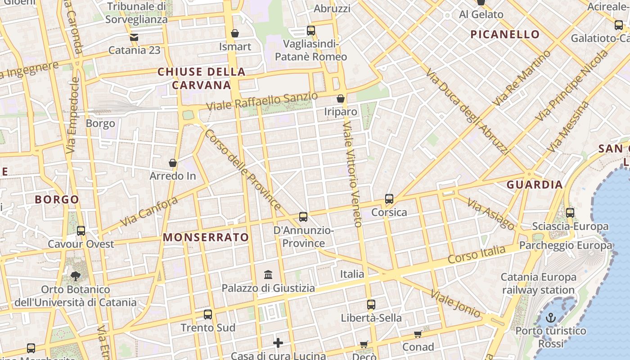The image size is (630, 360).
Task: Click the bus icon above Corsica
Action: tap(389, 198)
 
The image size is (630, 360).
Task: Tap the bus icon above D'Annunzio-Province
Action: tap(303, 217)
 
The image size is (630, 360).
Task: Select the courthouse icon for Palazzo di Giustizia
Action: tap(269, 274)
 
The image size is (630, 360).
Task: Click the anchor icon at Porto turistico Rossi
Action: tap(550, 318)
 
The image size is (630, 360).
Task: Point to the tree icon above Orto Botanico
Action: tap(75, 276)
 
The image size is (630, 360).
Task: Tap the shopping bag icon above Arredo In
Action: tap(173, 163)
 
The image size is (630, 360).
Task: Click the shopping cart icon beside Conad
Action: tap(418, 334)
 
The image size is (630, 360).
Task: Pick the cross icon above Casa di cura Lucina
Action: tap(278, 343)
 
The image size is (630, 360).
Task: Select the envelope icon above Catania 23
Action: tap(134, 37)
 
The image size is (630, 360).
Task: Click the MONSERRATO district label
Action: tap(206, 238)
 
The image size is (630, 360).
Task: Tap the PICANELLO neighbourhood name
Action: tap(505, 34)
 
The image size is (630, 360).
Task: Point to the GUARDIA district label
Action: tap(535, 184)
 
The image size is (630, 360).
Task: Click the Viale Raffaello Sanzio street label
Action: tap(262, 102)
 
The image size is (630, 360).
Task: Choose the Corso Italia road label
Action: tap(477, 254)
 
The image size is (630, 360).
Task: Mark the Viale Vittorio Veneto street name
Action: tap(352, 173)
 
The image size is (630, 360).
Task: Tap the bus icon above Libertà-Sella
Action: tap(371, 305)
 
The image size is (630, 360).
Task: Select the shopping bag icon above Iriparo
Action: tap(341, 99)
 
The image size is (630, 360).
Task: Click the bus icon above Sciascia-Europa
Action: tap(570, 213)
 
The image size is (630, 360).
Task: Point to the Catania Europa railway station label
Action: tap(538, 283)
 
